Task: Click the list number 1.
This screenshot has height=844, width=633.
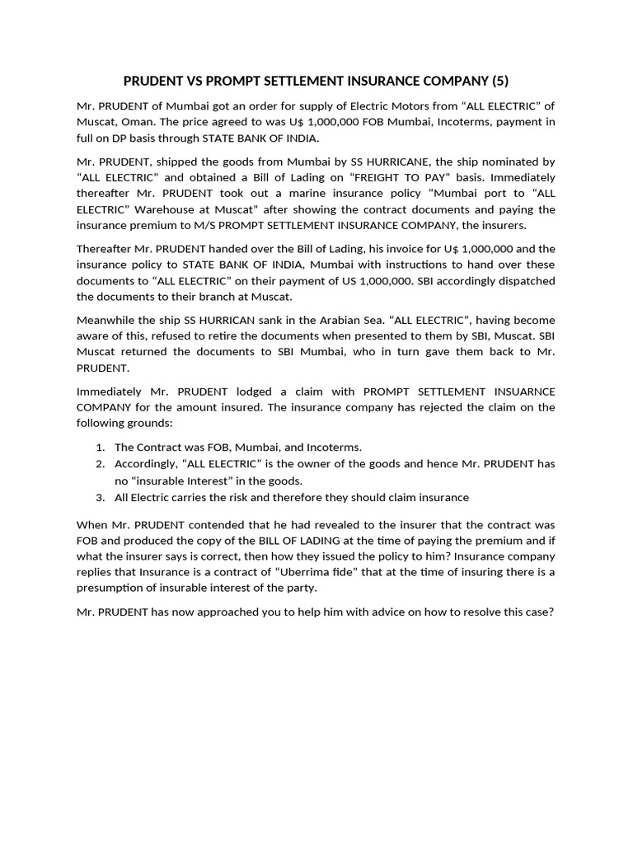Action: pos(99,447)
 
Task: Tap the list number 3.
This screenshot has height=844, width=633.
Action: pos(99,497)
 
